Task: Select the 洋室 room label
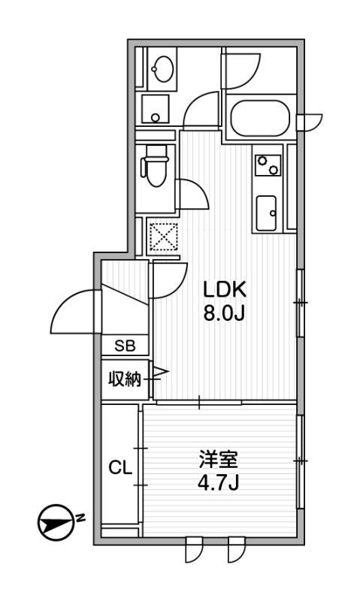[x=213, y=458]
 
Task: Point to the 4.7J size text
[x=213, y=482]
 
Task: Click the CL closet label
[x=120, y=469]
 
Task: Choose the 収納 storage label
[x=123, y=379]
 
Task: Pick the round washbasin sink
[x=161, y=70]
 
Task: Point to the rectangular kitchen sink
[x=267, y=213]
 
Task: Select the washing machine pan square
[x=156, y=110]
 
